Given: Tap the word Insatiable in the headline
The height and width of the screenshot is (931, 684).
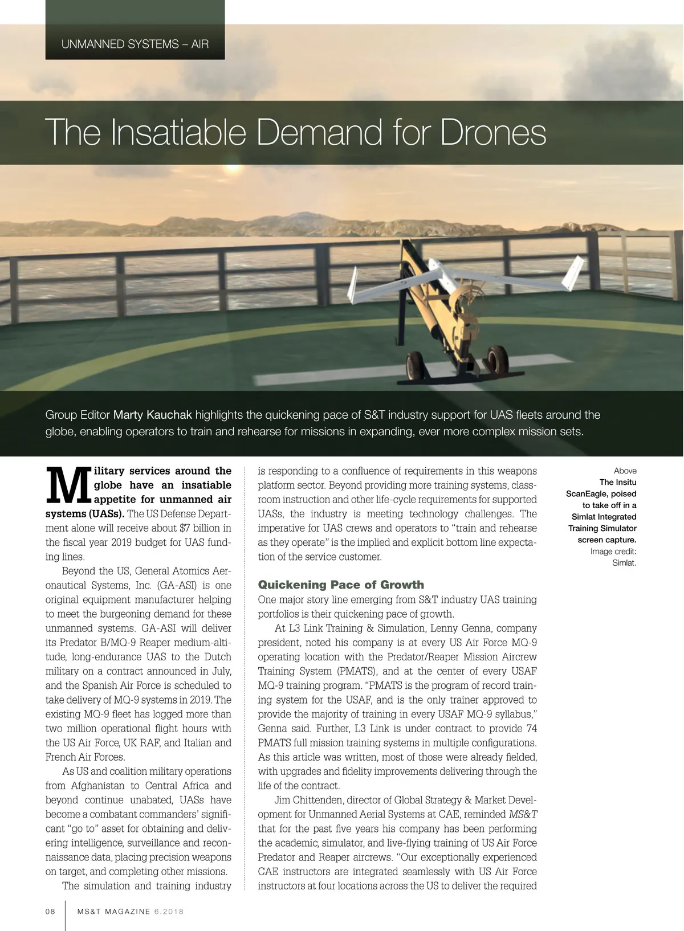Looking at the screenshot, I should (x=178, y=132).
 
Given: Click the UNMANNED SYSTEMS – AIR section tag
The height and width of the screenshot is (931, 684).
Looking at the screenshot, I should (x=135, y=44).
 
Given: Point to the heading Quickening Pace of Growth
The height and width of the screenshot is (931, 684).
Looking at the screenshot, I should (x=341, y=585).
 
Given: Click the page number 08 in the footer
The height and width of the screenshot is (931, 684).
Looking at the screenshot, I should (x=51, y=911).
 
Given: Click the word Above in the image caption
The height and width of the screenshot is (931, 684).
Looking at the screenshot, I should (x=625, y=471).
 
